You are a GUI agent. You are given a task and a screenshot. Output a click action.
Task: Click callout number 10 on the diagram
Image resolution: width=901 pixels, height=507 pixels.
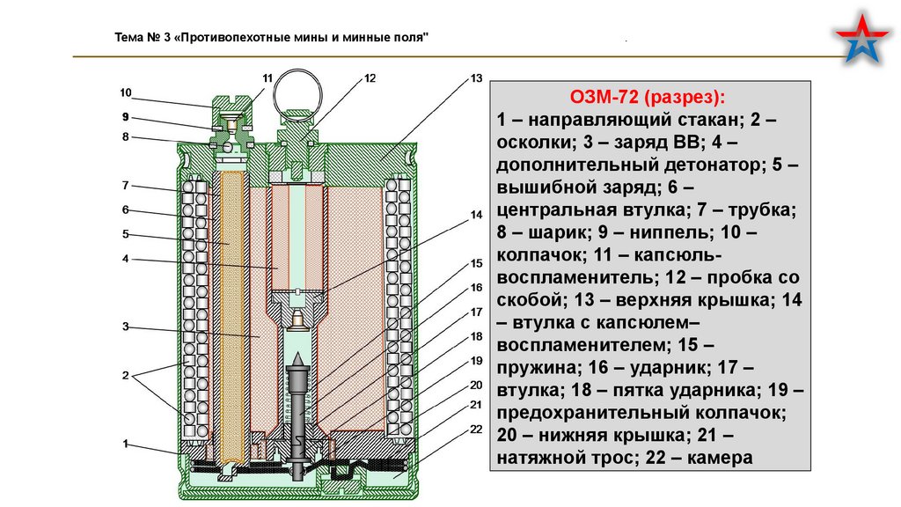[x=126, y=92]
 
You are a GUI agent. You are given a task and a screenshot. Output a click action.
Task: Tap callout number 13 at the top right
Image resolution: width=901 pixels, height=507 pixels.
[x=476, y=78]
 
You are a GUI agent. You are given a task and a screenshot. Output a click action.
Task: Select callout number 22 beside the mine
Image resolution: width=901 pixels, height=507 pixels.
[x=476, y=429]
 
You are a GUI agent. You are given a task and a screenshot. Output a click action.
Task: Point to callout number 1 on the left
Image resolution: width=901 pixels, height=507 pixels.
[x=126, y=443]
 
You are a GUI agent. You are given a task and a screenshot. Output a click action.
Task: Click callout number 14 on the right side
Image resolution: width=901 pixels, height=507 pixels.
[x=476, y=215]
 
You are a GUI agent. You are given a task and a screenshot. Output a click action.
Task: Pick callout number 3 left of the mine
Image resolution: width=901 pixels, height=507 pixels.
[x=126, y=327]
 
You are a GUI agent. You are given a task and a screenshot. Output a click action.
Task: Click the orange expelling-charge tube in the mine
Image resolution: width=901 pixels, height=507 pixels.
[x=233, y=317]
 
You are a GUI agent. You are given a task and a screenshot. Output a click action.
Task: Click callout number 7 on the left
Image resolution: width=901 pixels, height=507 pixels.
[x=126, y=185]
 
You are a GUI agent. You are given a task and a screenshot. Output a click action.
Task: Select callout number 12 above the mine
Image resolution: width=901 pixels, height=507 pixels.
[x=370, y=78]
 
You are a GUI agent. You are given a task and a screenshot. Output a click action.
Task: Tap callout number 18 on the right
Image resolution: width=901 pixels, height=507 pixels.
[x=476, y=336]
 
